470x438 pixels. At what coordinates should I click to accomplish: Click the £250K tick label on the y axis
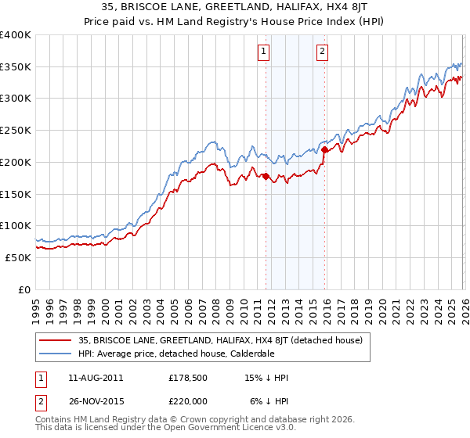coord(16,131)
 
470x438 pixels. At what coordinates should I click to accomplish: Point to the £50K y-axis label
coord(18,257)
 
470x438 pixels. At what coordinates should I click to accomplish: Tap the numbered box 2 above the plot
coord(322,52)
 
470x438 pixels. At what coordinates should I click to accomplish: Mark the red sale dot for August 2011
coord(266,176)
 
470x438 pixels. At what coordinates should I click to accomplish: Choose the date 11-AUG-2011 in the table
coord(96,378)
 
